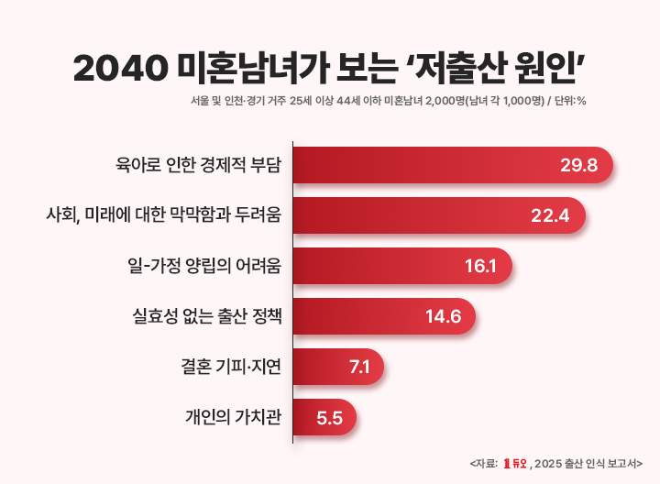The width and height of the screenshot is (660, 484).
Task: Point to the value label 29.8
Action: pos(578,166)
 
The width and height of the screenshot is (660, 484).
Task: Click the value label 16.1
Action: pos(480,267)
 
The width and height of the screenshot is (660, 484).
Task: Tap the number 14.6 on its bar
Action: pos(443,317)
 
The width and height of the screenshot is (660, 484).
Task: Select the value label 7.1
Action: pos(359,368)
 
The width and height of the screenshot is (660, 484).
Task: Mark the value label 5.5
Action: pos(329,418)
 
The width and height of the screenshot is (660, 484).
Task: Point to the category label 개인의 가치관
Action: pos(233,418)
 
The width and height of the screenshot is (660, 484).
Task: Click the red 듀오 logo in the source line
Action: pos(514,463)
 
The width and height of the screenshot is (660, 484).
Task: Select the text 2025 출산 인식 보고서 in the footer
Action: pos(587,463)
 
